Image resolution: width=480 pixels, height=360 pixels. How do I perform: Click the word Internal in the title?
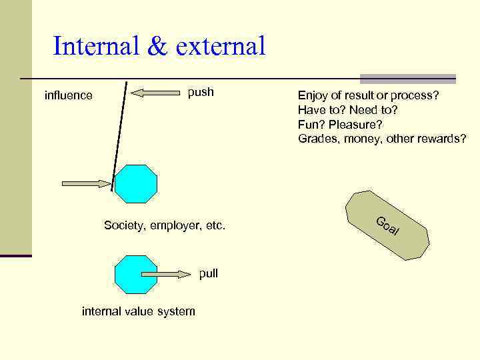tap(97, 47)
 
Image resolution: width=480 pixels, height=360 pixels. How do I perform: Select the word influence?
tap(68, 95)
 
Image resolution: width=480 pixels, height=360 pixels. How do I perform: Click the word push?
tap(201, 92)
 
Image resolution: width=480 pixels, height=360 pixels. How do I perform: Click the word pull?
tap(208, 273)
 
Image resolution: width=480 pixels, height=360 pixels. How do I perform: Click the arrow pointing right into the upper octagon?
tap(87, 183)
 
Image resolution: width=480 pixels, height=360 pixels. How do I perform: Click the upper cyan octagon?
tap(136, 184)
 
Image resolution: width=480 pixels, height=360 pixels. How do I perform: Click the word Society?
tap(124, 226)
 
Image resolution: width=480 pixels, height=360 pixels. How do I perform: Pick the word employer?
tap(175, 226)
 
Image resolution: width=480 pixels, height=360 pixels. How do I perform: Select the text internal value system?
tap(138, 311)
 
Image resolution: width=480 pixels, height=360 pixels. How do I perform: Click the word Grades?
tap(318, 139)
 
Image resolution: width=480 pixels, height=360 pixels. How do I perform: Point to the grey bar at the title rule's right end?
tap(408, 79)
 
